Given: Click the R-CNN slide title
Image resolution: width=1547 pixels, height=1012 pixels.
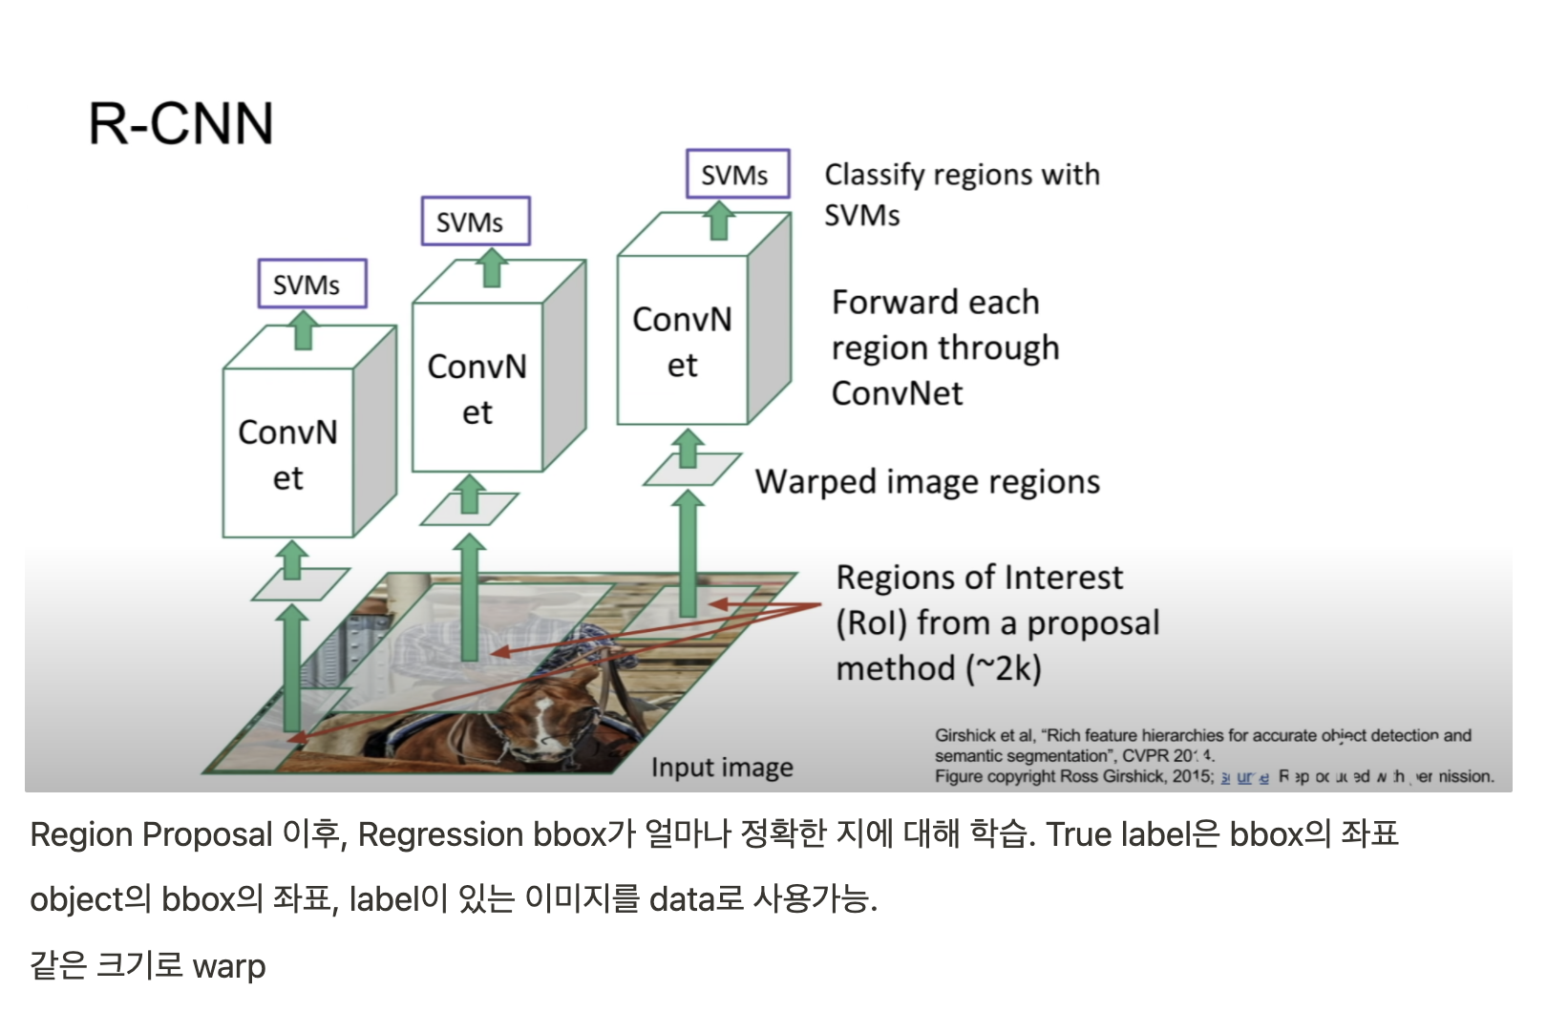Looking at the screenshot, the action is tap(180, 123).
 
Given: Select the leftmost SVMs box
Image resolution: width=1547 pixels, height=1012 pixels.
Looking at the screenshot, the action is tap(311, 284).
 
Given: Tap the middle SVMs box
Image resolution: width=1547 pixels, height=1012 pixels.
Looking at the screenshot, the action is tap(475, 221).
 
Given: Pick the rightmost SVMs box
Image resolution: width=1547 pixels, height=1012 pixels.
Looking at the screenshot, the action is tap(737, 174).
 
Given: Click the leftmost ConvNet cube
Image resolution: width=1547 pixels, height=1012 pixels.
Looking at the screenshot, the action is tap(288, 453).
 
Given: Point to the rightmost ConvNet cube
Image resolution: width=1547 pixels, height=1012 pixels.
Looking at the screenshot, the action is tap(682, 341).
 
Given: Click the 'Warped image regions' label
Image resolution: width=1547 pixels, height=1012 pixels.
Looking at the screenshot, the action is tap(927, 482).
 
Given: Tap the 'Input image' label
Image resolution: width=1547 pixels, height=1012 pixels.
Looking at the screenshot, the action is tap(722, 768).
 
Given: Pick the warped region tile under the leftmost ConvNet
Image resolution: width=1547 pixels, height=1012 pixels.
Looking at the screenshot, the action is tap(300, 583).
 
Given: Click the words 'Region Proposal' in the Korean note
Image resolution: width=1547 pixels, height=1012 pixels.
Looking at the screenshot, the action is tap(151, 835).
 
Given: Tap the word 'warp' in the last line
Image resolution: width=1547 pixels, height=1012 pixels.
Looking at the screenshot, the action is tap(229, 966).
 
